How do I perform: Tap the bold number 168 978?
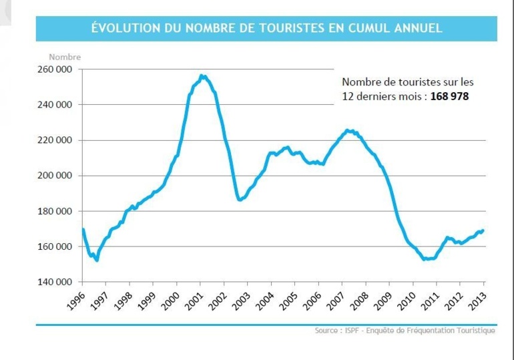click(449, 97)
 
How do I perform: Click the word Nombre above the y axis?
click(65, 57)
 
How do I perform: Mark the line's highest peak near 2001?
click(202, 76)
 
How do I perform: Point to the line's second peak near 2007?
click(348, 130)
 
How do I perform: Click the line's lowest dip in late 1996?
click(97, 260)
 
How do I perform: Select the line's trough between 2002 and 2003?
click(240, 200)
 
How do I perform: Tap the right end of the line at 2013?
click(483, 230)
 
